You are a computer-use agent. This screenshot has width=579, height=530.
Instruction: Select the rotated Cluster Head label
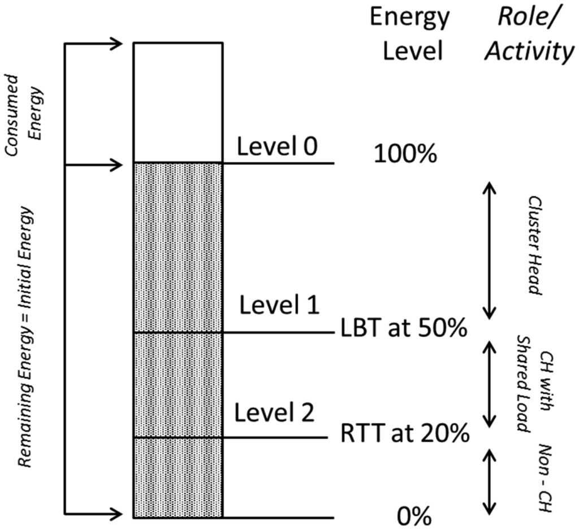533,246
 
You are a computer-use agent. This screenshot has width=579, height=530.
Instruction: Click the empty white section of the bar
178,102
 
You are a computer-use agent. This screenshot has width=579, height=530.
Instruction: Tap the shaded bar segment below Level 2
178,477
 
